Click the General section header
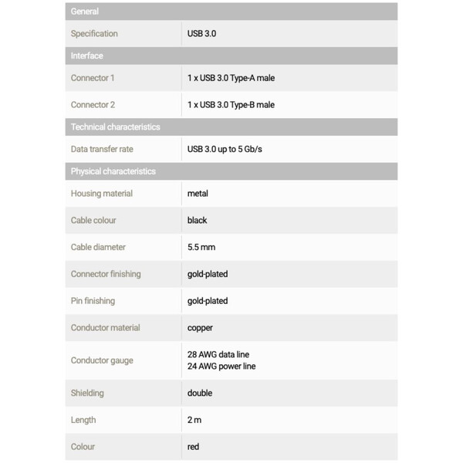tap(85, 12)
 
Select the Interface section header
tap(86, 56)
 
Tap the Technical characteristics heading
tap(115, 127)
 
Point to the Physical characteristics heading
tap(113, 171)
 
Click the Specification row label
tap(94, 34)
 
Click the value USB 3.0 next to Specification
tap(201, 34)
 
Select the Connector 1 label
tap(93, 78)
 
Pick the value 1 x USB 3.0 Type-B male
tap(231, 105)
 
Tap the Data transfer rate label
tap(102, 149)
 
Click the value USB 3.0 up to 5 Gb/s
tap(225, 149)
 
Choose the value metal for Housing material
tap(198, 194)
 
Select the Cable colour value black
tap(197, 221)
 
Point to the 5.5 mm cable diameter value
tap(201, 248)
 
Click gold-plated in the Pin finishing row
tap(208, 301)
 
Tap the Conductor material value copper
tap(200, 328)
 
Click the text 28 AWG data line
tap(218, 354)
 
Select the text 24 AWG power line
tap(221, 367)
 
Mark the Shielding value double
tap(199, 394)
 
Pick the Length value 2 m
tap(194, 420)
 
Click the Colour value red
tap(193, 447)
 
